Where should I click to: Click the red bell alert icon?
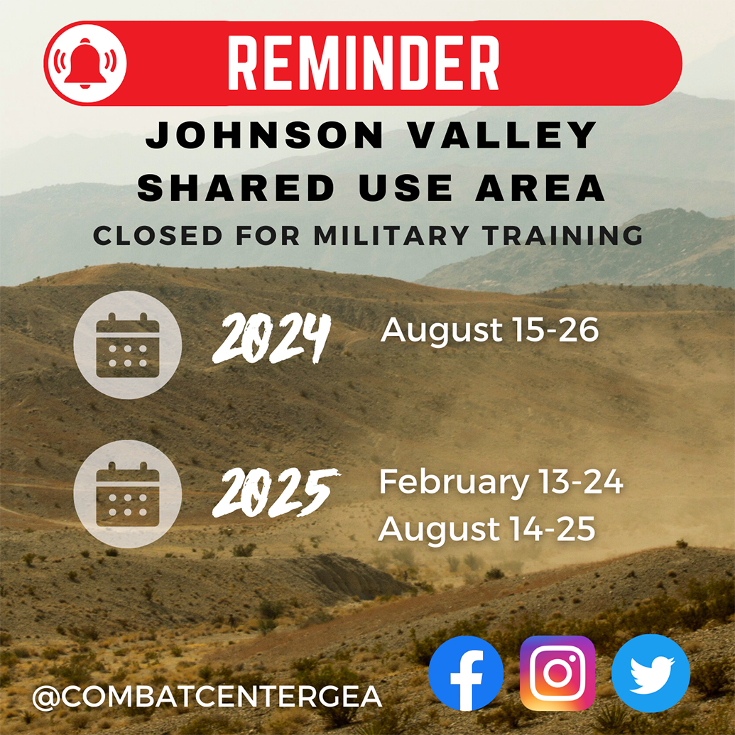pos(85,63)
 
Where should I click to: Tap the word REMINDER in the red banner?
pos(363,63)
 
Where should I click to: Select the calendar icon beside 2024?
pos(128,344)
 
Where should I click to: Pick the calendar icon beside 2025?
pos(128,494)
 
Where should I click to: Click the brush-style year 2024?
pos(272,339)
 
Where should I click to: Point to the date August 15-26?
pos(490,330)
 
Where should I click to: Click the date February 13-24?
pos(501,483)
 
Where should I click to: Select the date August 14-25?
pos(486,530)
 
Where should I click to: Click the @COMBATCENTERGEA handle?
pos(207,697)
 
